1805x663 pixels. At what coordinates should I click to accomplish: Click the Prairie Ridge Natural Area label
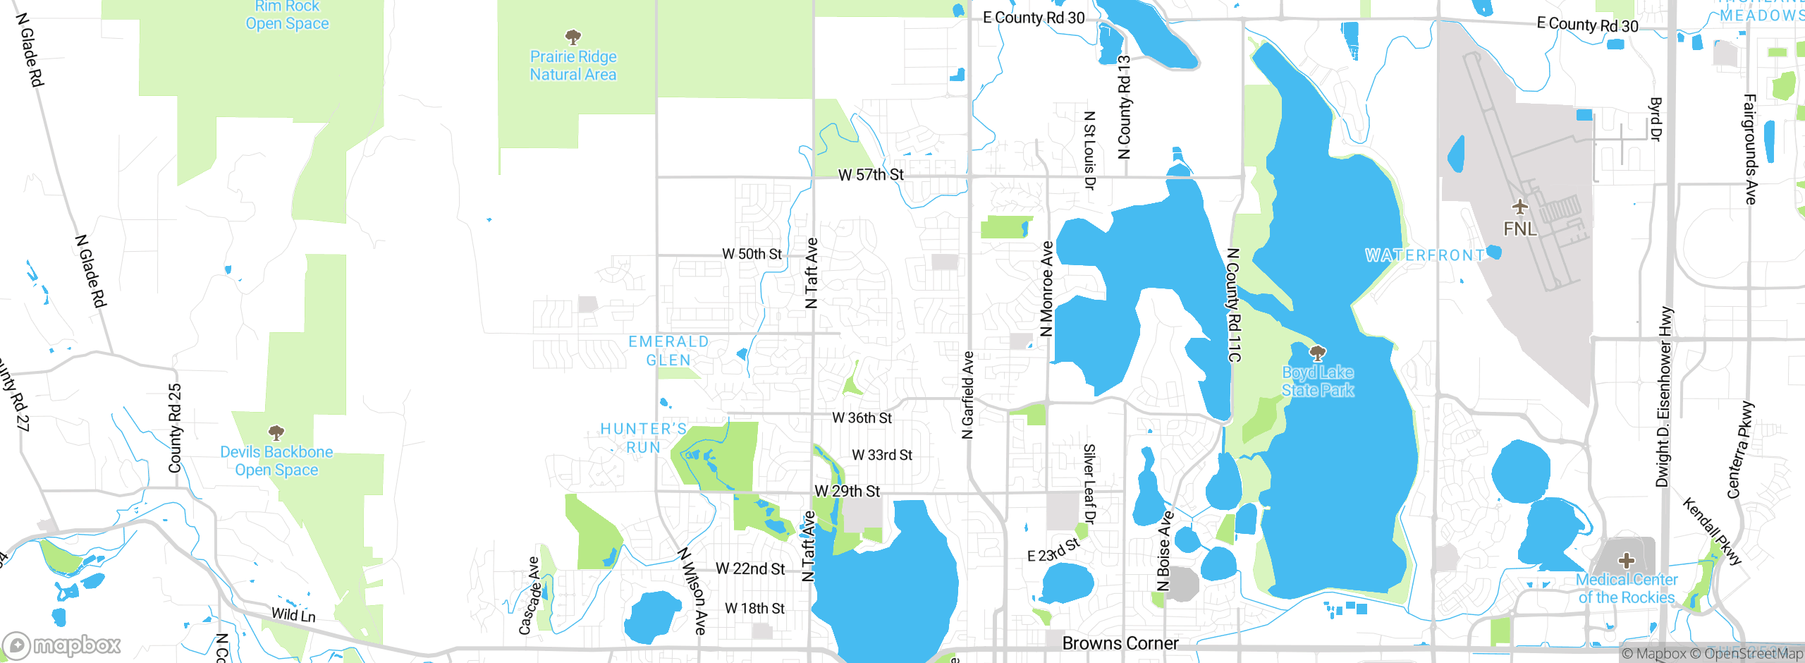[573, 66]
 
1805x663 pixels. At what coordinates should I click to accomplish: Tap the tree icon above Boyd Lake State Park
[1317, 352]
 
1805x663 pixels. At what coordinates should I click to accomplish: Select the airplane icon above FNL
[1519, 207]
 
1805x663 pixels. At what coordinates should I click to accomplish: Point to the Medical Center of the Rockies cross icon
[1627, 561]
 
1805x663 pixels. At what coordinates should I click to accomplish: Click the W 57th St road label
[871, 175]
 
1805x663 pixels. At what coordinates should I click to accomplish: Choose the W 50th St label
[752, 254]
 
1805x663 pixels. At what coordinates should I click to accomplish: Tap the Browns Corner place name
[1120, 643]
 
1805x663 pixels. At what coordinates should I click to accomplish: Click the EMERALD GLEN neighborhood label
[668, 351]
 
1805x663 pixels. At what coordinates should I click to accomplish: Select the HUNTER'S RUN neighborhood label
[643, 438]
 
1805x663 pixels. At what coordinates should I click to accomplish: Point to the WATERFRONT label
[1424, 255]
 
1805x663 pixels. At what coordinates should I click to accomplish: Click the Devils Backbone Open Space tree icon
[276, 432]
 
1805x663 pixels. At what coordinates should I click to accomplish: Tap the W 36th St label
[862, 418]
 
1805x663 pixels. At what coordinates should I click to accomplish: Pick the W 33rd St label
[882, 455]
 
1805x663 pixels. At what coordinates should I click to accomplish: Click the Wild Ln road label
[293, 614]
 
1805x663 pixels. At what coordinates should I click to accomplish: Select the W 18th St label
[754, 608]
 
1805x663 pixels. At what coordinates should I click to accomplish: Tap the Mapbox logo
[62, 645]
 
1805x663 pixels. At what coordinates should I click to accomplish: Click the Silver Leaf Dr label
[1089, 484]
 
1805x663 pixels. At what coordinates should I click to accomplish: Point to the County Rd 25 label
[175, 428]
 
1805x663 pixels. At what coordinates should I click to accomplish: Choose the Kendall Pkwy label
[1712, 531]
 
